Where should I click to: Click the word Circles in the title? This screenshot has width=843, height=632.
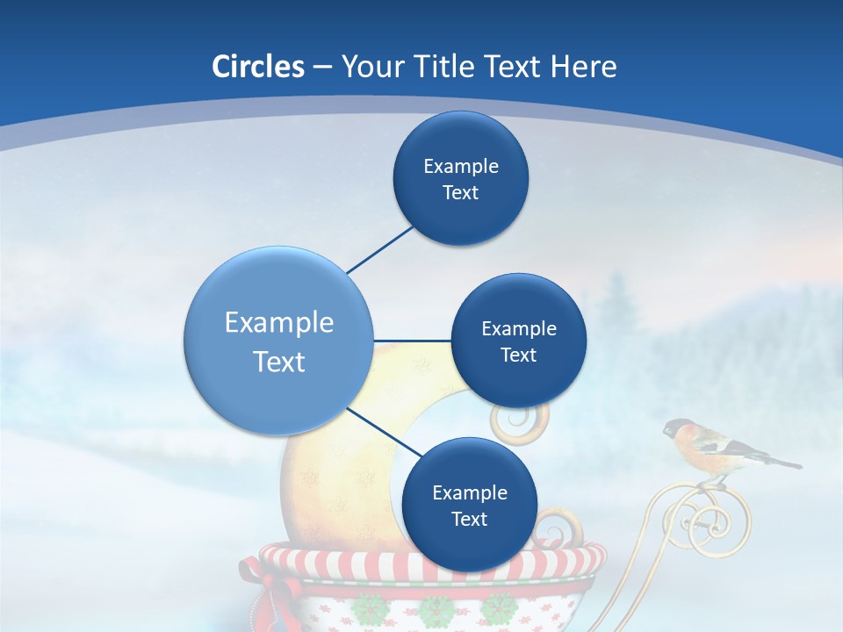257,67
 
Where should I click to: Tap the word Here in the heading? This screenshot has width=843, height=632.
583,67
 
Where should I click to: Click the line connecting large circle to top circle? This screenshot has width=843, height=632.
379,249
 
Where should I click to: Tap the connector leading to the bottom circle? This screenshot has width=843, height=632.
385,432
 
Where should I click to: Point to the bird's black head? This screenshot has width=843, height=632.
676,429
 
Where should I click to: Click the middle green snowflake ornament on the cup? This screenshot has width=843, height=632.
434,611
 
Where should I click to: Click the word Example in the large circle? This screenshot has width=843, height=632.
278,323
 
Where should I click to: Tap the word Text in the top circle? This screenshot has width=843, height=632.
460,193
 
